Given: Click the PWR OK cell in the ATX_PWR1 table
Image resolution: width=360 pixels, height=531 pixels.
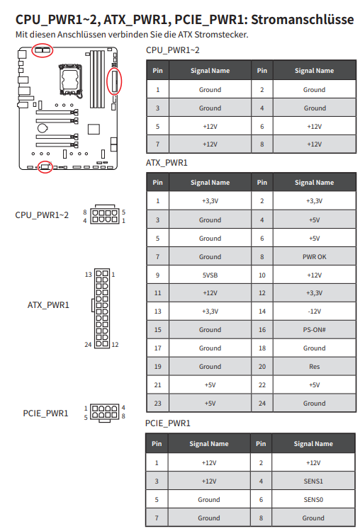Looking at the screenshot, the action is click(314, 257).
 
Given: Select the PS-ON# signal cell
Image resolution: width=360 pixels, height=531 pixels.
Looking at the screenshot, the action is click(314, 329).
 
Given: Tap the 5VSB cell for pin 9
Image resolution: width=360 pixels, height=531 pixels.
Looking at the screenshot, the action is click(210, 275).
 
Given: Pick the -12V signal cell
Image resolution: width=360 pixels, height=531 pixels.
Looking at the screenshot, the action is click(314, 312).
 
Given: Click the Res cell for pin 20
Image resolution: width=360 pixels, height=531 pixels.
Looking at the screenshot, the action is click(314, 367).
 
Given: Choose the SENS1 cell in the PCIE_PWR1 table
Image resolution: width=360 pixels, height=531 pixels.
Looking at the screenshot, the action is click(313, 481).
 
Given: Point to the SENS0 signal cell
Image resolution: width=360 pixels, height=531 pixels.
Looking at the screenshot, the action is click(313, 500).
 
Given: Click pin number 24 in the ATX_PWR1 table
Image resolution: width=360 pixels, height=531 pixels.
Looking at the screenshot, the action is click(262, 404).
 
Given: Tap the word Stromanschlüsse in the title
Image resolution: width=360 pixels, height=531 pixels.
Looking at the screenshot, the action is click(303, 20).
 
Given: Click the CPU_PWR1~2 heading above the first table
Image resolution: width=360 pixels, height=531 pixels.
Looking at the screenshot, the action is click(172, 50).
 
